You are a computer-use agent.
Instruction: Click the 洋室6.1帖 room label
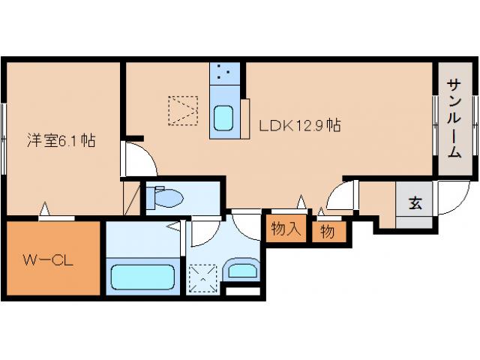pos(61,140)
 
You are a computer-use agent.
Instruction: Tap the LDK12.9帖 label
pos(300,125)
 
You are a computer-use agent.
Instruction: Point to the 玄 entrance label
pos(414,202)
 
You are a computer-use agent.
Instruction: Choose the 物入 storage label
pos(285,229)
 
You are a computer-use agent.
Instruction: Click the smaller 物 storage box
pos(328,232)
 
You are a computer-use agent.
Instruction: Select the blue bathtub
pos(143,276)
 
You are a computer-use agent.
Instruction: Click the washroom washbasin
pos(242,270)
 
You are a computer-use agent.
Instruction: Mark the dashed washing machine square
pos(202,277)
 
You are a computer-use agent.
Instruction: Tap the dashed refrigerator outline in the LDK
pos(182,111)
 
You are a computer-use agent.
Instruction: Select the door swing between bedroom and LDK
pos(139,159)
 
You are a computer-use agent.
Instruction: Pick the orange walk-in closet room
pos(52,259)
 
